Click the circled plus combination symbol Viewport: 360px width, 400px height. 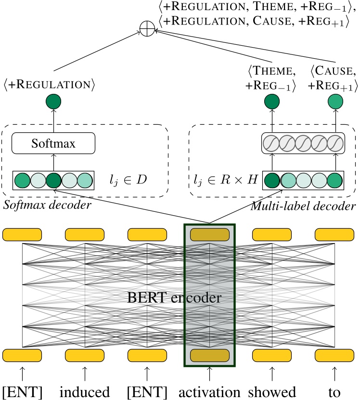148,29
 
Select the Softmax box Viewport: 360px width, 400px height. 53,143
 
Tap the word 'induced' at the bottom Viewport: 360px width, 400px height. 85,391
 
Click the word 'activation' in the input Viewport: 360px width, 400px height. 209,391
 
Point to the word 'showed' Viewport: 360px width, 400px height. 272,391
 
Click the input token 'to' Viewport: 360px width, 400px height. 334,391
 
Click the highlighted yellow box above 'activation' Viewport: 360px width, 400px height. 209,356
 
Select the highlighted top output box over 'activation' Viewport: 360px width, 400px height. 209,235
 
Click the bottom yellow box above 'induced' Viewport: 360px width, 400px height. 85,356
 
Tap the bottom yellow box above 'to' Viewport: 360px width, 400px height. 334,356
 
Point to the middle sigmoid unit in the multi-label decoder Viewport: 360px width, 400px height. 303,143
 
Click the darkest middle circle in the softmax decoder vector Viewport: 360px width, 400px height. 53,180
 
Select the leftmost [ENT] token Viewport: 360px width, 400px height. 22,391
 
